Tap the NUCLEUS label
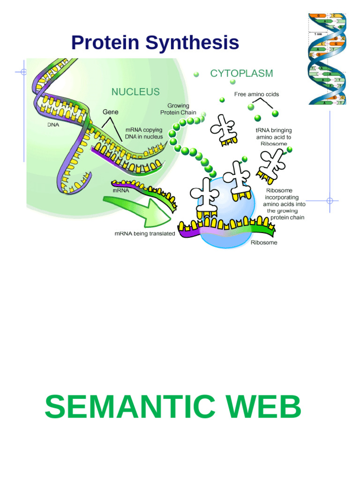click(x=135, y=92)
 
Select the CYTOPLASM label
click(x=241, y=74)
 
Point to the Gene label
click(x=111, y=112)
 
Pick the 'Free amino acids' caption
click(x=256, y=94)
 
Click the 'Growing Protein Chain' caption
click(x=178, y=109)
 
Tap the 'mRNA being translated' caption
click(x=145, y=233)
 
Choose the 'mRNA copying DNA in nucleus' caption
click(x=144, y=133)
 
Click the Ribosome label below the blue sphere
click(x=264, y=243)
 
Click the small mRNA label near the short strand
click(x=121, y=191)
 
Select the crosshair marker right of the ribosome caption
click(x=330, y=201)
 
